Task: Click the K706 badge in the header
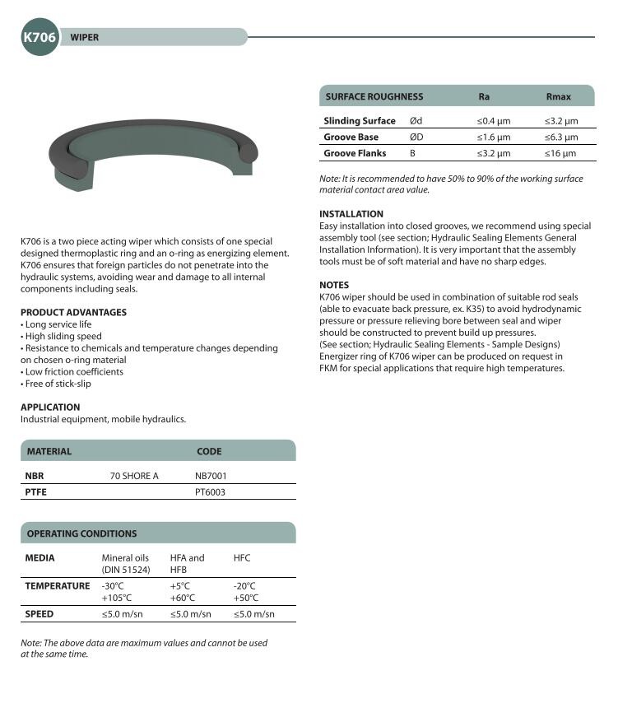(39, 38)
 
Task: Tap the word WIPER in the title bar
(84, 38)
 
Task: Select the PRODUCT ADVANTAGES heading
(73, 312)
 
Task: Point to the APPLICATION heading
(50, 407)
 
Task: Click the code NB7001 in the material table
(211, 476)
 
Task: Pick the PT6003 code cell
(210, 491)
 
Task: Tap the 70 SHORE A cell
(134, 476)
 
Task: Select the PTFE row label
(36, 491)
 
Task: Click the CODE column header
(209, 451)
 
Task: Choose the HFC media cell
(242, 558)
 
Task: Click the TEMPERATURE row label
(57, 586)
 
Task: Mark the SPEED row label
(39, 614)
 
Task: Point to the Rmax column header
(558, 97)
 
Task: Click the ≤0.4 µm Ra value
(494, 121)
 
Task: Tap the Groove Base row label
(351, 137)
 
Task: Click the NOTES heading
(334, 285)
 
